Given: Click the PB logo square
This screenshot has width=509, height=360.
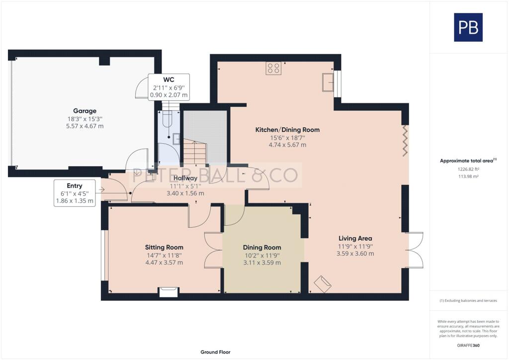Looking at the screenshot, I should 468,27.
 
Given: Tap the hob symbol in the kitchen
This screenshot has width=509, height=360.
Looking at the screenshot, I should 273,68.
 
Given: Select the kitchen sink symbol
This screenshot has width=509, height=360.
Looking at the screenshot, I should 328,83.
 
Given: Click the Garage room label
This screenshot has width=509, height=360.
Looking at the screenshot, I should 85,111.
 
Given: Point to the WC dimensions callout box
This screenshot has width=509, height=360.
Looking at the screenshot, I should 170,88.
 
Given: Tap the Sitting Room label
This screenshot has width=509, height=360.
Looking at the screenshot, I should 164,247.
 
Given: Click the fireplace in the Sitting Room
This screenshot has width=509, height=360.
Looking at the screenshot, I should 168,292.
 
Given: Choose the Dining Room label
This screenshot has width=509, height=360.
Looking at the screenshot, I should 262,247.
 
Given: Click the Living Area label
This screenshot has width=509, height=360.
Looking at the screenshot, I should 355,238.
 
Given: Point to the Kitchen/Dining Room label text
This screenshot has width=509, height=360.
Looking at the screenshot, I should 287,130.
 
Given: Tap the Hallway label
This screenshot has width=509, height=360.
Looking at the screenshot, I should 185,178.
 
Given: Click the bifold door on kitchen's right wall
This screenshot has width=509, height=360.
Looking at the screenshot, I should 405,140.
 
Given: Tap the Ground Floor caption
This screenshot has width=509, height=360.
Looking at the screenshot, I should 215,352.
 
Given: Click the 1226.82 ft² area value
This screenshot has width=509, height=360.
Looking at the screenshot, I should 468,169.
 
